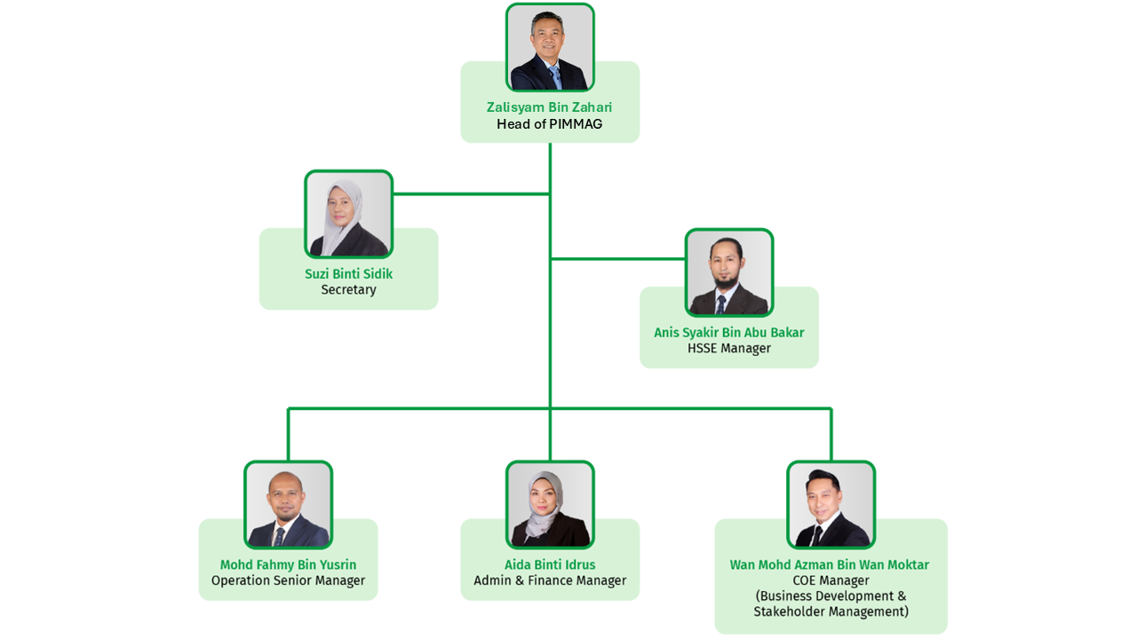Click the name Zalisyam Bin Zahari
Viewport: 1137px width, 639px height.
(x=549, y=107)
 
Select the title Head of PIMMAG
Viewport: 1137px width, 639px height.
(x=549, y=124)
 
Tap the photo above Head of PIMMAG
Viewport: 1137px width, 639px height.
(x=550, y=48)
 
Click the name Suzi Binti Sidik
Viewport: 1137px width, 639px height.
(x=348, y=274)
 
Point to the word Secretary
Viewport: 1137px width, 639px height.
(x=348, y=290)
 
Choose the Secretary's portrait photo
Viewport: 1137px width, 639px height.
(x=348, y=215)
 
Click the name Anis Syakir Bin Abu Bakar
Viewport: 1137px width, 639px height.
(x=728, y=333)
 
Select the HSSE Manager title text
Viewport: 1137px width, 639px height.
(x=728, y=349)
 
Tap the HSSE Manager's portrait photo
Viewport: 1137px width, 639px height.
(x=728, y=272)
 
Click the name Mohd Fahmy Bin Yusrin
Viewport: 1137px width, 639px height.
(x=288, y=565)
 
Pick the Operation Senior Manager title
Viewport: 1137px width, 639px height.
(x=288, y=581)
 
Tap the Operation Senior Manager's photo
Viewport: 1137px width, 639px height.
(x=288, y=505)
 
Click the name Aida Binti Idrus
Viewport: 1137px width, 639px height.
(x=550, y=565)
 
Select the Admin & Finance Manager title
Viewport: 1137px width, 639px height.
(x=550, y=581)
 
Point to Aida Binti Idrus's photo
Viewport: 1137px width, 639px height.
(x=550, y=505)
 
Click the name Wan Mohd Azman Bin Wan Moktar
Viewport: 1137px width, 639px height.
(x=830, y=565)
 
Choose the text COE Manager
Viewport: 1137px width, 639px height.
(x=831, y=581)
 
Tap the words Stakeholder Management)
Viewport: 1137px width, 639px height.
(x=831, y=612)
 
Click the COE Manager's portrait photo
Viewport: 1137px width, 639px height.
(x=831, y=505)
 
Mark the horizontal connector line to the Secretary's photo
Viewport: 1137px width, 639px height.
(x=471, y=193)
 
